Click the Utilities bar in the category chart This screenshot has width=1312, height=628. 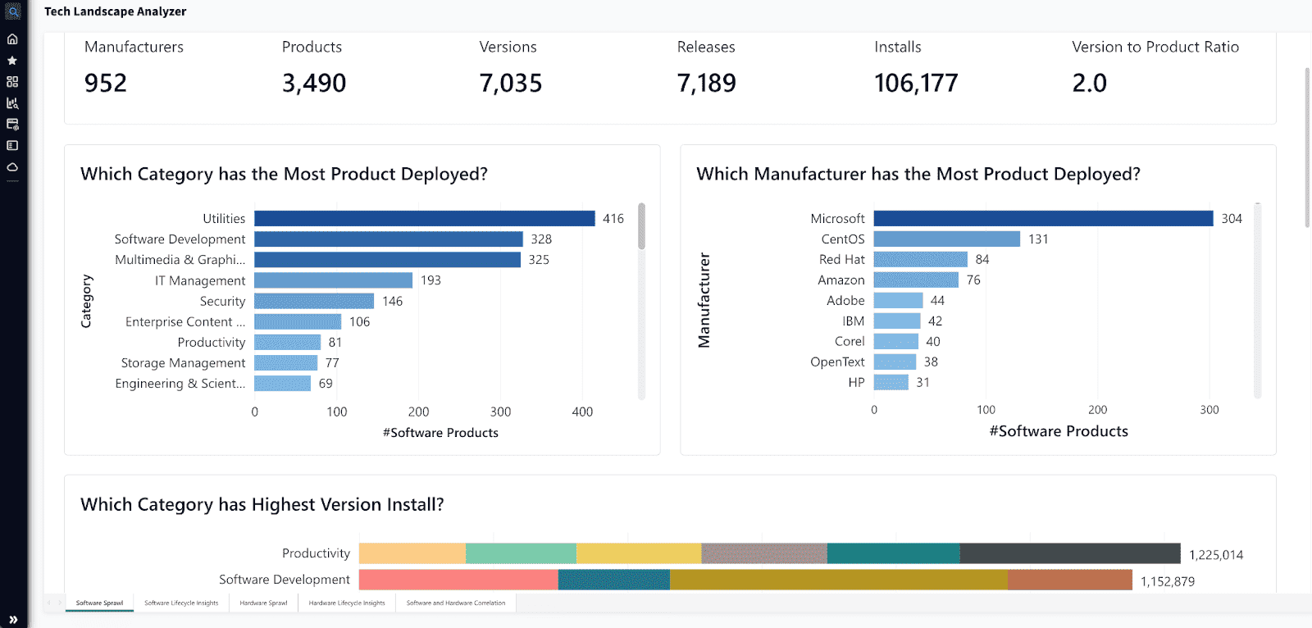(424, 218)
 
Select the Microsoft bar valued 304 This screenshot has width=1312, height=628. (1042, 218)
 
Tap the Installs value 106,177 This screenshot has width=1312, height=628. (915, 83)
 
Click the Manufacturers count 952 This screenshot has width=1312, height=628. (106, 83)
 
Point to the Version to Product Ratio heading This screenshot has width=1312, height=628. (1155, 47)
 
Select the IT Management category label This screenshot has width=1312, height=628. (200, 280)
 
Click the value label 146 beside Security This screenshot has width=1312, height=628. (392, 301)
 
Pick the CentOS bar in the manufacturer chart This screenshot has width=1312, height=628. (946, 239)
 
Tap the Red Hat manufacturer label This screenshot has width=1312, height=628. (841, 259)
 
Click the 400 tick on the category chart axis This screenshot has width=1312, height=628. (582, 412)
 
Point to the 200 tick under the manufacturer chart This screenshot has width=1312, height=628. (1097, 410)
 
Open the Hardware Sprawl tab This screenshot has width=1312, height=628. (263, 603)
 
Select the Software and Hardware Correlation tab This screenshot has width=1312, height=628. (455, 603)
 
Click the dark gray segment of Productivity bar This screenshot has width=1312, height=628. (1069, 553)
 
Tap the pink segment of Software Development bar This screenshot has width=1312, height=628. (458, 580)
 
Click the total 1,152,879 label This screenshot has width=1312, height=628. (1167, 581)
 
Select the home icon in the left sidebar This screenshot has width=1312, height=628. (12, 39)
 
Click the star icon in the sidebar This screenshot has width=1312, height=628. (12, 61)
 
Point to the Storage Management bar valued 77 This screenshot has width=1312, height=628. (285, 362)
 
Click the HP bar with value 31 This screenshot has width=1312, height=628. (891, 382)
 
